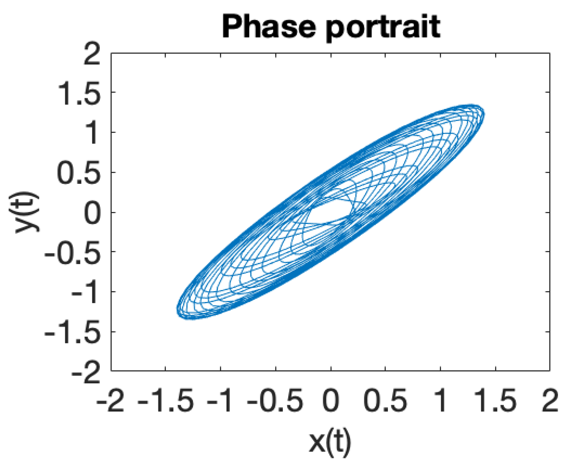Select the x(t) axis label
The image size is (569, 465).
[x=330, y=442]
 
